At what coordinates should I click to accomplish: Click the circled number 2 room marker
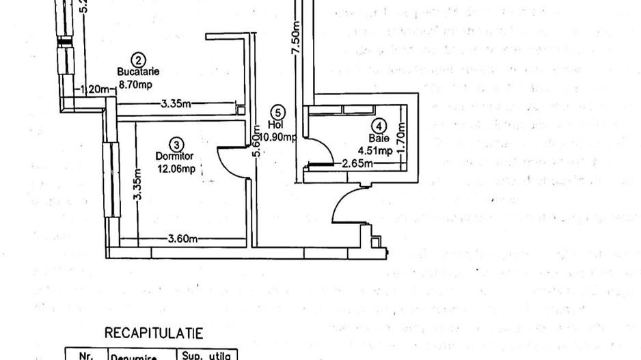pos(139,60)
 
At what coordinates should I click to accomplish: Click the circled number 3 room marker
pos(177,144)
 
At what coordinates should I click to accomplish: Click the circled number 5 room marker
pos(276,112)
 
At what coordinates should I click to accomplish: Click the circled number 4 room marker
pos(380,126)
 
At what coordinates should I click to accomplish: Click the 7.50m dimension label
pos(295,44)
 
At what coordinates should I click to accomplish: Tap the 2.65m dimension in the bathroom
pos(357,164)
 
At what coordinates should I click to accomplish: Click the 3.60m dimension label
pos(182,238)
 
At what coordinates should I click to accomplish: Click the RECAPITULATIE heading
pos(154,333)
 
